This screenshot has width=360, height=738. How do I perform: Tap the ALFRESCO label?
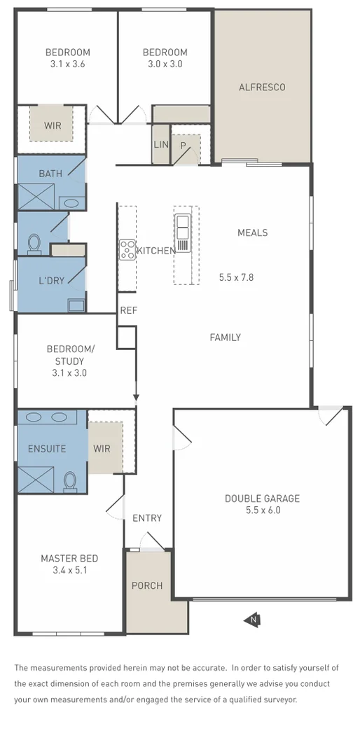tap(262, 88)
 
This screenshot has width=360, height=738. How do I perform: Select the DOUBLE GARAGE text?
tap(262, 499)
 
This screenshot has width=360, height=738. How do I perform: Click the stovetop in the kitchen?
tap(127, 249)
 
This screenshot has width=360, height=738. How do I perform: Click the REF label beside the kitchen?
tap(127, 310)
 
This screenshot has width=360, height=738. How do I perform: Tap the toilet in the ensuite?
tap(70, 482)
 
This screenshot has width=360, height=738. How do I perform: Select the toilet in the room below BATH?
tap(34, 243)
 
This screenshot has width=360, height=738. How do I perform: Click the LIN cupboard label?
tap(160, 145)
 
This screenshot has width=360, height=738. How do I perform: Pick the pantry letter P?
tap(184, 146)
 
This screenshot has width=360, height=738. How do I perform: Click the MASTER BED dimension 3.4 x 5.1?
tap(69, 570)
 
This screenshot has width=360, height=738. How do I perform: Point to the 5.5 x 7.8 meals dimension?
tap(236, 277)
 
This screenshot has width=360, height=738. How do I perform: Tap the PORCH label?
tap(147, 585)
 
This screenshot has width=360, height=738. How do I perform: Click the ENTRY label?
tap(147, 518)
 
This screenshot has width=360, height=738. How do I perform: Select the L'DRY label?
tap(51, 281)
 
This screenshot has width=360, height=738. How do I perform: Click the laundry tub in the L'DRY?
tap(76, 305)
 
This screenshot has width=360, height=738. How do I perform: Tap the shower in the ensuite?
tap(35, 481)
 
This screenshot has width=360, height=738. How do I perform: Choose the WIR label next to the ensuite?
tap(102, 448)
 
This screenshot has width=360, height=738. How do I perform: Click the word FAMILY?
tap(225, 337)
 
